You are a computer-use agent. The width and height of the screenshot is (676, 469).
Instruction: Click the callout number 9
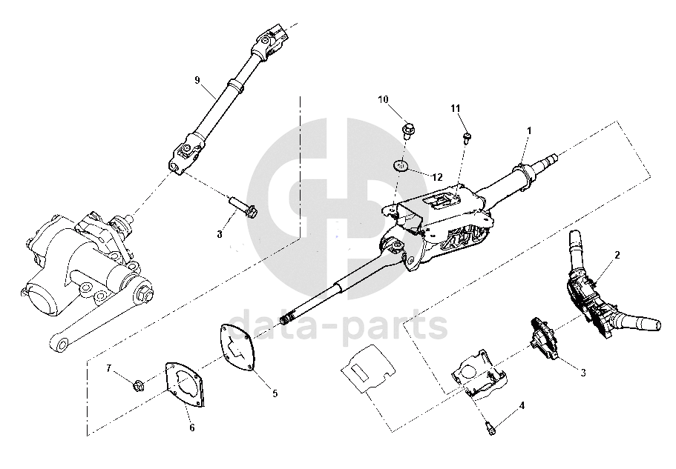tap(197, 81)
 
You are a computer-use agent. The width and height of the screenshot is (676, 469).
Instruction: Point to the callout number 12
tap(436, 177)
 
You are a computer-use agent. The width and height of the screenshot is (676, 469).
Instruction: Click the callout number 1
tap(528, 130)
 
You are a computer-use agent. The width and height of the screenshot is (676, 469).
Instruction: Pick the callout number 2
tap(617, 254)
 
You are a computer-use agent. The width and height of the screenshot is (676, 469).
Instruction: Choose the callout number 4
tap(522, 405)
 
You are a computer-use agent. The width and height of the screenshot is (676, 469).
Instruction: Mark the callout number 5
tap(275, 393)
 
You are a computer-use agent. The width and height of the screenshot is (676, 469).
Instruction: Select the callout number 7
tap(108, 367)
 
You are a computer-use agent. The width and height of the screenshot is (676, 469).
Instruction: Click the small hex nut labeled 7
tap(137, 385)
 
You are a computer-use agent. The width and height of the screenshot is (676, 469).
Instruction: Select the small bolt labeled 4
tap(489, 425)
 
